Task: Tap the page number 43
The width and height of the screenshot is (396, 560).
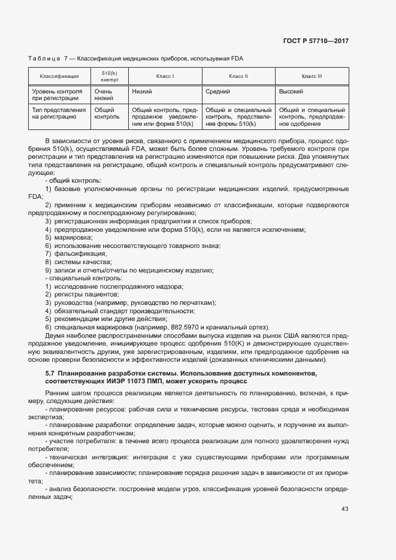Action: click(344, 509)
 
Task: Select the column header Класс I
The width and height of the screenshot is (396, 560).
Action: click(165, 76)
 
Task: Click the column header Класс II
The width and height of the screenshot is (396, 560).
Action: click(238, 76)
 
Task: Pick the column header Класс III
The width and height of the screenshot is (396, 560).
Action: click(312, 76)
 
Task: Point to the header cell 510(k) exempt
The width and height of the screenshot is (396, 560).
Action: click(110, 76)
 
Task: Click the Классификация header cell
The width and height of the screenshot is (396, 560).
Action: click(59, 76)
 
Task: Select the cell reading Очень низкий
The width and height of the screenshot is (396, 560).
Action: click(104, 95)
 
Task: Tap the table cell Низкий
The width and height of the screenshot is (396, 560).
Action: click(141, 92)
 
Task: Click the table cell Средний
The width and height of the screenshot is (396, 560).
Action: click(218, 92)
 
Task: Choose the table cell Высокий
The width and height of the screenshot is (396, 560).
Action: click(292, 92)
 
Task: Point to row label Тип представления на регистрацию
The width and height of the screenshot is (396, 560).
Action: click(59, 114)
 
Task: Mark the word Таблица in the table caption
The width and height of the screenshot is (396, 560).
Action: click(44, 58)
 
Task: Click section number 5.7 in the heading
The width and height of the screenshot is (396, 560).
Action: click(50, 374)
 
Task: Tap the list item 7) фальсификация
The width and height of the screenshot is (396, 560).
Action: click(75, 254)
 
